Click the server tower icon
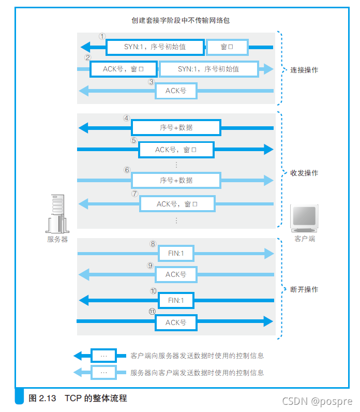tap(57, 214)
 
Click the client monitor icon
tap(304, 217)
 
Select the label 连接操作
tap(304, 70)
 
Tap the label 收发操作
tap(304, 173)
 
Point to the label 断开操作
tap(304, 289)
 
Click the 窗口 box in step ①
tap(227, 47)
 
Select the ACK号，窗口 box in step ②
tap(123, 69)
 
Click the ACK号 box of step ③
tap(176, 91)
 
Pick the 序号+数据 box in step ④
tap(176, 127)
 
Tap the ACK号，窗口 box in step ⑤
tap(176, 150)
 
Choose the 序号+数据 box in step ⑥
tap(176, 180)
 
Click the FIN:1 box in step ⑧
tap(176, 254)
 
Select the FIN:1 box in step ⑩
tap(176, 300)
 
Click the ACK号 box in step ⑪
tap(176, 322)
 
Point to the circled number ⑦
tap(135, 194)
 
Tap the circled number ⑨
tap(151, 266)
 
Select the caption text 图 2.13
tap(44, 399)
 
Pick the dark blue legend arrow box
tap(103, 356)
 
